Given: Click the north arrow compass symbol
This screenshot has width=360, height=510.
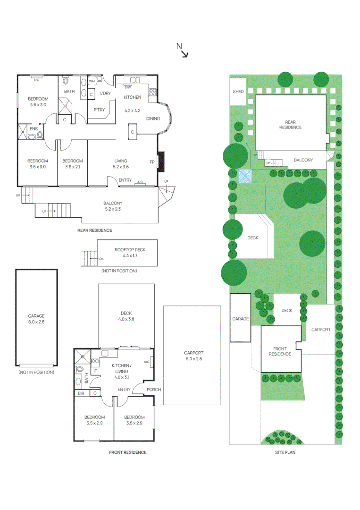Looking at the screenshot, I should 183,51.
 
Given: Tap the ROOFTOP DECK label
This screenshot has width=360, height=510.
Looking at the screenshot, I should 127,252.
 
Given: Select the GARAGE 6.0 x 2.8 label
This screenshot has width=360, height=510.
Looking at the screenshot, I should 36,319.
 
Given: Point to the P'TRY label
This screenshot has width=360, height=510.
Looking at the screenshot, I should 99,110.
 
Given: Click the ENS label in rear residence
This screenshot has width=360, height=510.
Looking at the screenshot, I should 33,128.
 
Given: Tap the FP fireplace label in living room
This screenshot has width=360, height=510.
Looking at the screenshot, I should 152,162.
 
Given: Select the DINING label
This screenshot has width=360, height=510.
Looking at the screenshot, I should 153,119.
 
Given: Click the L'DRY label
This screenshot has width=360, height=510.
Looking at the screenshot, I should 105,93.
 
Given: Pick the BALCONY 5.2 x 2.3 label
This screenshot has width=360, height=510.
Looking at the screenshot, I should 113,206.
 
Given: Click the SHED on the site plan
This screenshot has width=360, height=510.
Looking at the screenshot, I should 238,91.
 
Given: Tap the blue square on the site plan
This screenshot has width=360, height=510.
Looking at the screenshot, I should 245,176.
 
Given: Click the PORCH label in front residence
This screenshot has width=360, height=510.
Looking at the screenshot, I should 153,390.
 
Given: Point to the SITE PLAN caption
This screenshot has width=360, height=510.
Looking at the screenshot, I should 285,452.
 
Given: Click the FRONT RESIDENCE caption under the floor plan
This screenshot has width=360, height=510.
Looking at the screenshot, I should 127,452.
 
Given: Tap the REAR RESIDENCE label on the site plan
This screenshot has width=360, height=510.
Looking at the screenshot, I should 290,125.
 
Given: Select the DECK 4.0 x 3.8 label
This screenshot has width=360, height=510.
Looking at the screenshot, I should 126,316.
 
